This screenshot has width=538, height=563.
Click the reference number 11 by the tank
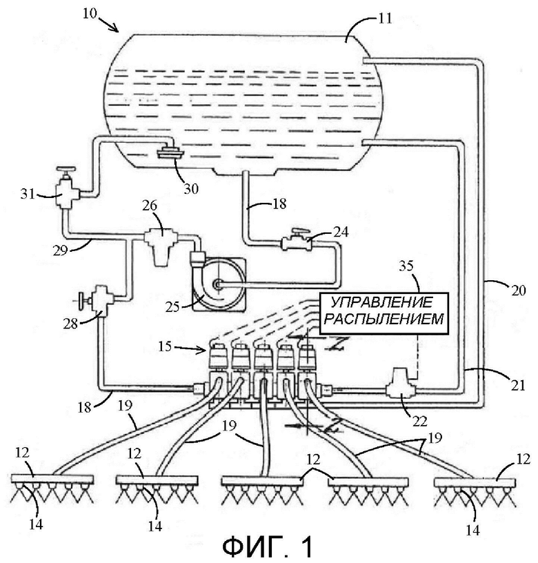(385, 18)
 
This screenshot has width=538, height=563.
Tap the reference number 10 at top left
(90, 14)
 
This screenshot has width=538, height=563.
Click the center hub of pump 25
(217, 284)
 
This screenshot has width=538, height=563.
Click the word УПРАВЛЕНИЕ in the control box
(381, 303)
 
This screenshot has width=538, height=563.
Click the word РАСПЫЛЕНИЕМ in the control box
(383, 319)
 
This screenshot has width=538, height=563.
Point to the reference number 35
(406, 266)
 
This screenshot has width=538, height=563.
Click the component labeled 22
(400, 388)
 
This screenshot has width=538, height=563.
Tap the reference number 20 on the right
(518, 290)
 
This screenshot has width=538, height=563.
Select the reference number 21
(517, 385)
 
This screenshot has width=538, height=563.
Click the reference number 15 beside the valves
(165, 347)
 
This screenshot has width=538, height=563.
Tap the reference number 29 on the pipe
(60, 250)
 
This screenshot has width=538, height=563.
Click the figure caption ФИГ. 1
(268, 547)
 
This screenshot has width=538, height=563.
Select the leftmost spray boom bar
(52, 479)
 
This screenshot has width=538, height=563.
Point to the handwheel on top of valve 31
(66, 169)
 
